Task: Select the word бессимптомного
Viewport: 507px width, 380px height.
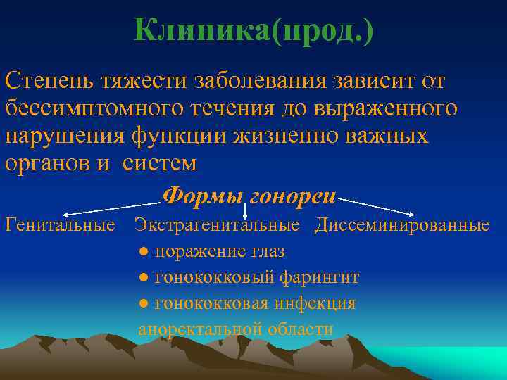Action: tap(91, 108)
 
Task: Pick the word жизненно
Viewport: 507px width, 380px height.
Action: tap(296, 135)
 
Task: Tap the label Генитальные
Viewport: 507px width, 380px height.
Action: tap(60, 225)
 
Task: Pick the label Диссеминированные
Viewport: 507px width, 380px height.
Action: tap(401, 225)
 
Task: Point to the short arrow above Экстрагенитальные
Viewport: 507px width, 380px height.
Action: tap(244, 210)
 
